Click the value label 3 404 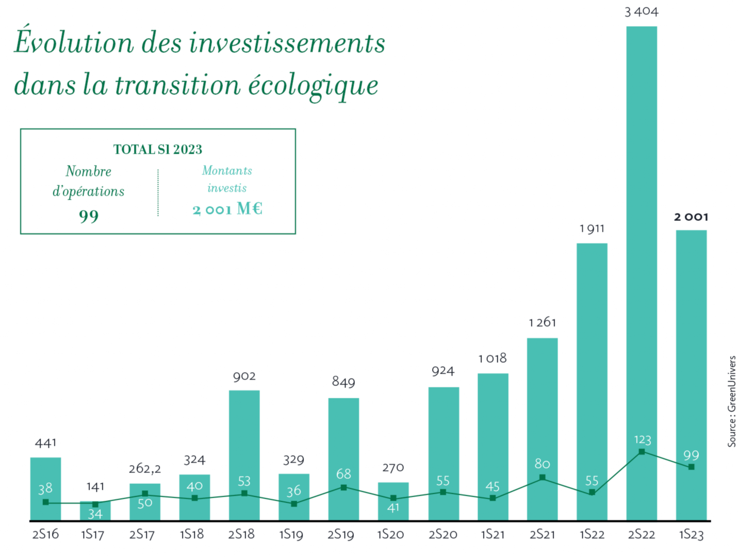tap(641, 12)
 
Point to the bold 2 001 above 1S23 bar tap(691, 217)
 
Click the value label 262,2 tap(144, 469)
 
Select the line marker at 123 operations tap(642, 452)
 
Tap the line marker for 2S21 tap(542, 478)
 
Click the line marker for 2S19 tap(343, 487)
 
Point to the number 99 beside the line tap(691, 455)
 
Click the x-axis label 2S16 tap(45, 534)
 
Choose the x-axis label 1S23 tap(691, 534)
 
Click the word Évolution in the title tap(74, 42)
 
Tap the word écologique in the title tap(313, 86)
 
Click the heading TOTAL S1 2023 tap(158, 150)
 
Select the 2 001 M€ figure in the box tap(227, 209)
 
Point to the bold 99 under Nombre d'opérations tap(89, 216)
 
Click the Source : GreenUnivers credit tap(731, 401)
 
